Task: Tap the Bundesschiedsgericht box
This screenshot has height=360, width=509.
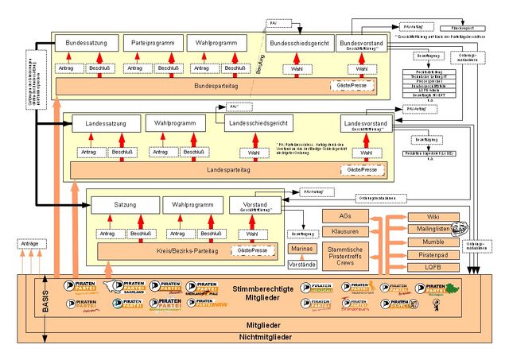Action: [297, 43]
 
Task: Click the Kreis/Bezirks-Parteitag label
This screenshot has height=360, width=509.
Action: [167, 250]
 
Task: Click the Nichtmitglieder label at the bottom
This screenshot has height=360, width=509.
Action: [254, 339]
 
